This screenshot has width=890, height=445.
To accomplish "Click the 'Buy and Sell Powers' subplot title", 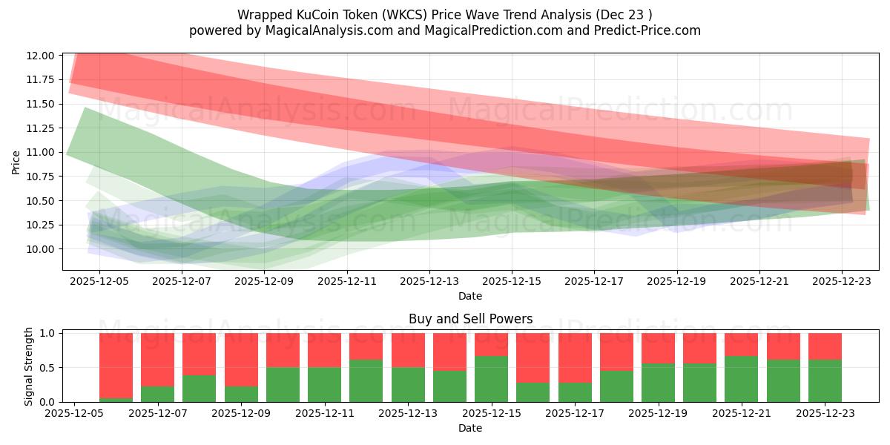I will coord(470,319).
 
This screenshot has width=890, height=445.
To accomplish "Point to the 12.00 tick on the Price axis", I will coord(41,56).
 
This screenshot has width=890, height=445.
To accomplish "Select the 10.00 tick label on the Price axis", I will coord(41,249).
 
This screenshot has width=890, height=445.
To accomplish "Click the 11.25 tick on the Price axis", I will coord(41,128).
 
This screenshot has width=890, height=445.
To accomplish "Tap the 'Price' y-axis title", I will coord(16,162).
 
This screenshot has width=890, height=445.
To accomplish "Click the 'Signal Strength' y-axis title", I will coord(29,367).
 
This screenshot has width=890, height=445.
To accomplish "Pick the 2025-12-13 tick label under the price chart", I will coord(429,282).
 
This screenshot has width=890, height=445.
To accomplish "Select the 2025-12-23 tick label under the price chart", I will coord(841,282).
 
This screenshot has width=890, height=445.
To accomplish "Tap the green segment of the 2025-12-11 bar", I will coord(325,384).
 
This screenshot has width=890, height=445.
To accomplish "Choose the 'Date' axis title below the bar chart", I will coord(470,428).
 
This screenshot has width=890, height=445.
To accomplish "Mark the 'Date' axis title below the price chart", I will coord(470,296).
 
